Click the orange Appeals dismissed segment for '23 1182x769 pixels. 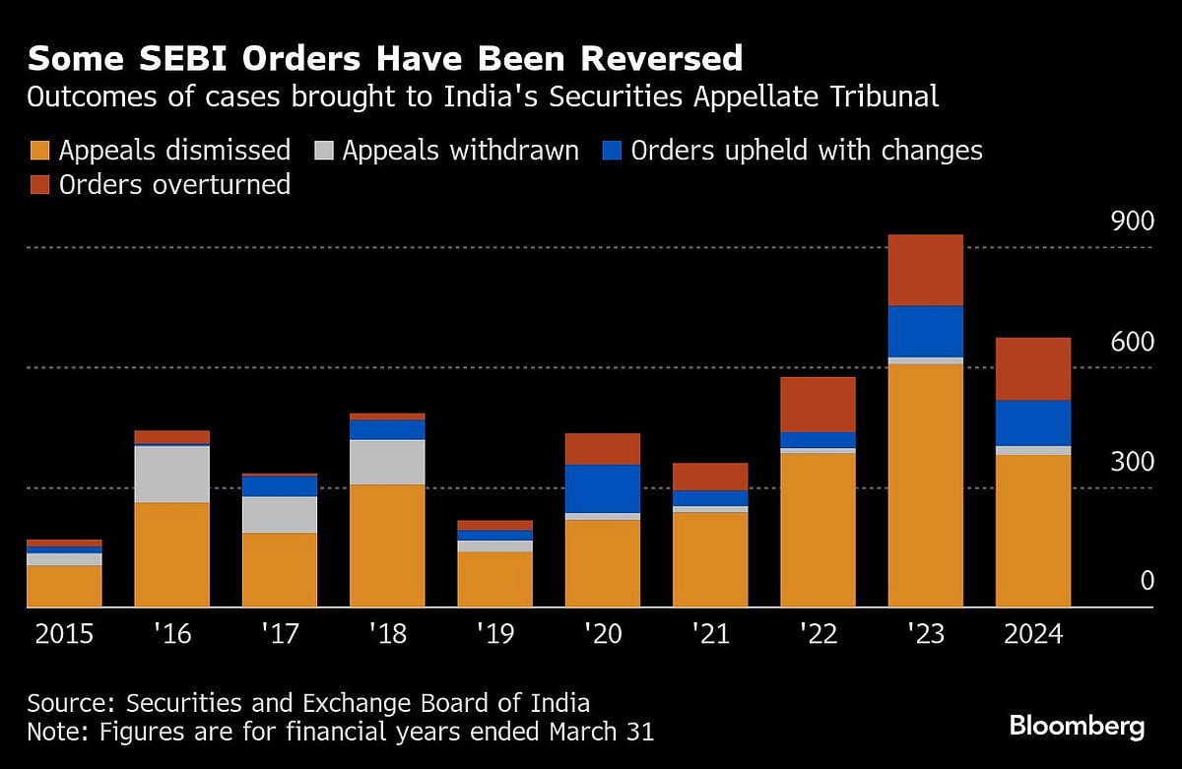click(925, 485)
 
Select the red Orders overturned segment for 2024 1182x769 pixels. click(1032, 368)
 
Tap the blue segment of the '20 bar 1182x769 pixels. click(603, 488)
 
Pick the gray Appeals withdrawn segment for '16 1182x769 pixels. click(172, 474)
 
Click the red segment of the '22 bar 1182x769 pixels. click(818, 404)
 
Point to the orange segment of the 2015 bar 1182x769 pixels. click(64, 586)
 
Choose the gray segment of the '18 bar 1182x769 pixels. click(387, 462)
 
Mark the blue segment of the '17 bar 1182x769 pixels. click(280, 486)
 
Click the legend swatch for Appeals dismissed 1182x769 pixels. click(39, 151)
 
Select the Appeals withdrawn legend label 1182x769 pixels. click(460, 151)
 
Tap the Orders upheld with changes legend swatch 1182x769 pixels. click(612, 151)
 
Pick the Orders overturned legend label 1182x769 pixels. click(174, 184)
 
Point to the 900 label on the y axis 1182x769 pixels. click(1131, 222)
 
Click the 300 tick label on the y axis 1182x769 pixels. click(1131, 462)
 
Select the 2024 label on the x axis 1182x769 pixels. click(1033, 633)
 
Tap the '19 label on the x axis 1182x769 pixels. click(494, 633)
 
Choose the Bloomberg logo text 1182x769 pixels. click(1077, 727)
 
